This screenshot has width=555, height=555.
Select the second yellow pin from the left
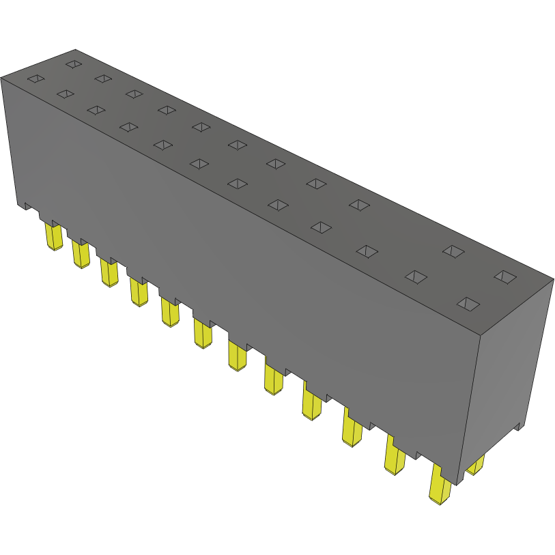point(81,255)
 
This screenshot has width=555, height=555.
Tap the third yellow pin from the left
point(109,272)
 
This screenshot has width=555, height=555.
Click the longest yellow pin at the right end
point(440,485)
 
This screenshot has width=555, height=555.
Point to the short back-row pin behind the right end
point(476,466)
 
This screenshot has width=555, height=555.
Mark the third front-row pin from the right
point(353,430)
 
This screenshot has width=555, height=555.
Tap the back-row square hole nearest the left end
point(74,64)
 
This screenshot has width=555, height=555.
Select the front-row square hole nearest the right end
point(468,304)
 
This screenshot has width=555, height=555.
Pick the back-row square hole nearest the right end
point(505,276)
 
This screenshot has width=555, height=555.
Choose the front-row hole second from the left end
point(66,94)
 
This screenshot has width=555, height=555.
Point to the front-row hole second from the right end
point(416,276)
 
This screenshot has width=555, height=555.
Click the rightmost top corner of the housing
point(552,279)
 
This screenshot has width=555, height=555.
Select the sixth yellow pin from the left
point(203,333)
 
